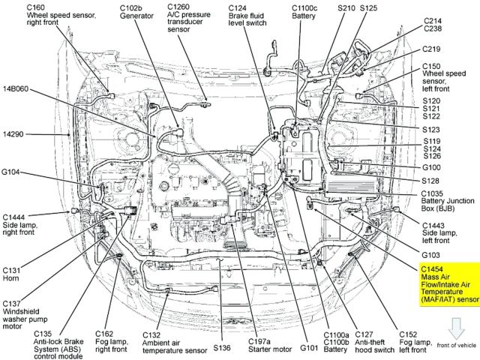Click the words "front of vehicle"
455,346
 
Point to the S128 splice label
431,181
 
